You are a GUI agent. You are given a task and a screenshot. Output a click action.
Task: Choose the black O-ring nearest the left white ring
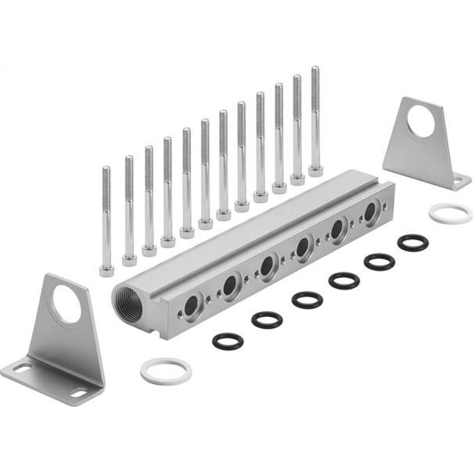228,341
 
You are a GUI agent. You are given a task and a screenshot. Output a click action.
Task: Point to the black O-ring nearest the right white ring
412,242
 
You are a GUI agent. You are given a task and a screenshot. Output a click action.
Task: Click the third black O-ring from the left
307,300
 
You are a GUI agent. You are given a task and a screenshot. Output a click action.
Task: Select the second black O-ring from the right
379,262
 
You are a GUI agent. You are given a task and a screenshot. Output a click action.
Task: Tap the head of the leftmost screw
107,271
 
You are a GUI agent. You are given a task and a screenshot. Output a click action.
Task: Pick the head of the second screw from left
129,260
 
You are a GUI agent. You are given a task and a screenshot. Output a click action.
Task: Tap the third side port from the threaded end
267,264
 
